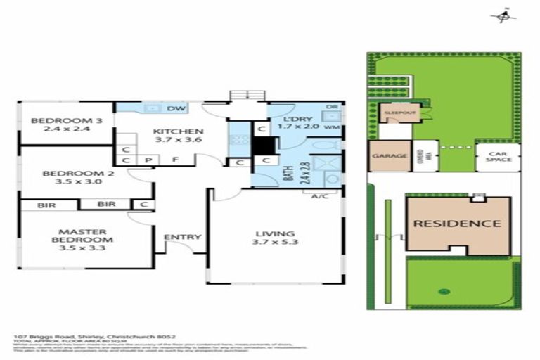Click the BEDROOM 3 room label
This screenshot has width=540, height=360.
coord(67,124)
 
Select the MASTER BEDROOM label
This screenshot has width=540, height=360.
coord(82,236)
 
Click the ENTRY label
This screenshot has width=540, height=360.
coord(182,237)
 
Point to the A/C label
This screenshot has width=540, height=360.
coord(320,195)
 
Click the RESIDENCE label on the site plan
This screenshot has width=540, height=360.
coord(457,224)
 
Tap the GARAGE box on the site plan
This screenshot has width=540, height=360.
coord(389,156)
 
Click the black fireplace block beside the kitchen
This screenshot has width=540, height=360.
coord(264,146)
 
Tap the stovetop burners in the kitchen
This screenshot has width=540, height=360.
coord(239,139)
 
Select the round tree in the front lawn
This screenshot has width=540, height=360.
coord(443,291)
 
